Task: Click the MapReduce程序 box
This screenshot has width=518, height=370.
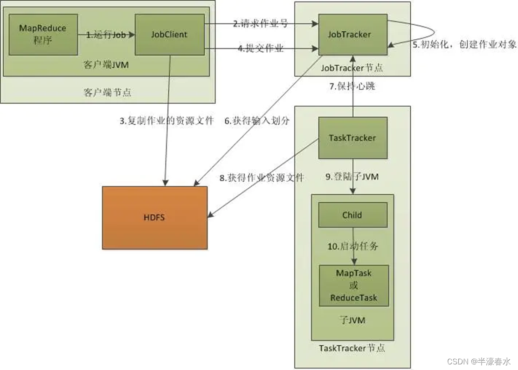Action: [42, 34]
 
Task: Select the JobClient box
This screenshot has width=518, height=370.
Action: [169, 34]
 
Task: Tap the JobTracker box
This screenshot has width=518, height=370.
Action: [353, 34]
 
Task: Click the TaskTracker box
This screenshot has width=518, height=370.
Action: [352, 137]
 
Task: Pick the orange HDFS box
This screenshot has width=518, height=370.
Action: [155, 218]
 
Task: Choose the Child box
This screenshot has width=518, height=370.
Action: [352, 215]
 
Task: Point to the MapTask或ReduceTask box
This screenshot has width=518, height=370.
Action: [353, 285]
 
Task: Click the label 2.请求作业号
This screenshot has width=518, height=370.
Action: [261, 24]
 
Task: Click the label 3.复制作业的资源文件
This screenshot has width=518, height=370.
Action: [166, 121]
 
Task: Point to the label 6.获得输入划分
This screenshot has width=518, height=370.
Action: [257, 121]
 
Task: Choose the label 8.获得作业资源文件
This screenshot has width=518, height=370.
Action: [262, 178]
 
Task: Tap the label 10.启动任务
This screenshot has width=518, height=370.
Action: [352, 247]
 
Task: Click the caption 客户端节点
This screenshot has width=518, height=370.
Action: [108, 92]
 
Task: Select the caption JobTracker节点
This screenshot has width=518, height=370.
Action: [352, 68]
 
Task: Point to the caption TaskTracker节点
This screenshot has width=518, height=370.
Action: [352, 349]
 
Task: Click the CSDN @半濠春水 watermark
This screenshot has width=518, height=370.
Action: [478, 362]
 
